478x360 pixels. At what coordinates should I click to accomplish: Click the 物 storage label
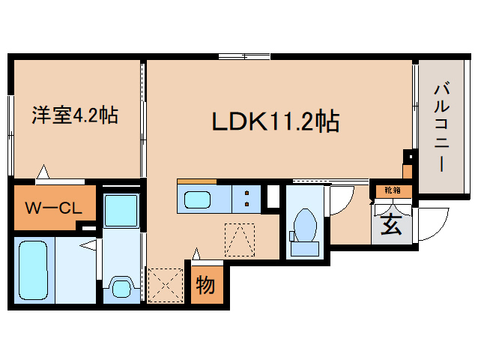[205, 284]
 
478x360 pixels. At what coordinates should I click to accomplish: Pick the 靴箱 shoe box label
[393, 190]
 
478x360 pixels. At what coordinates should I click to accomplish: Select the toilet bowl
[305, 225]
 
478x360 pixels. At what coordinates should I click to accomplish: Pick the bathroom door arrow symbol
[91, 244]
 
